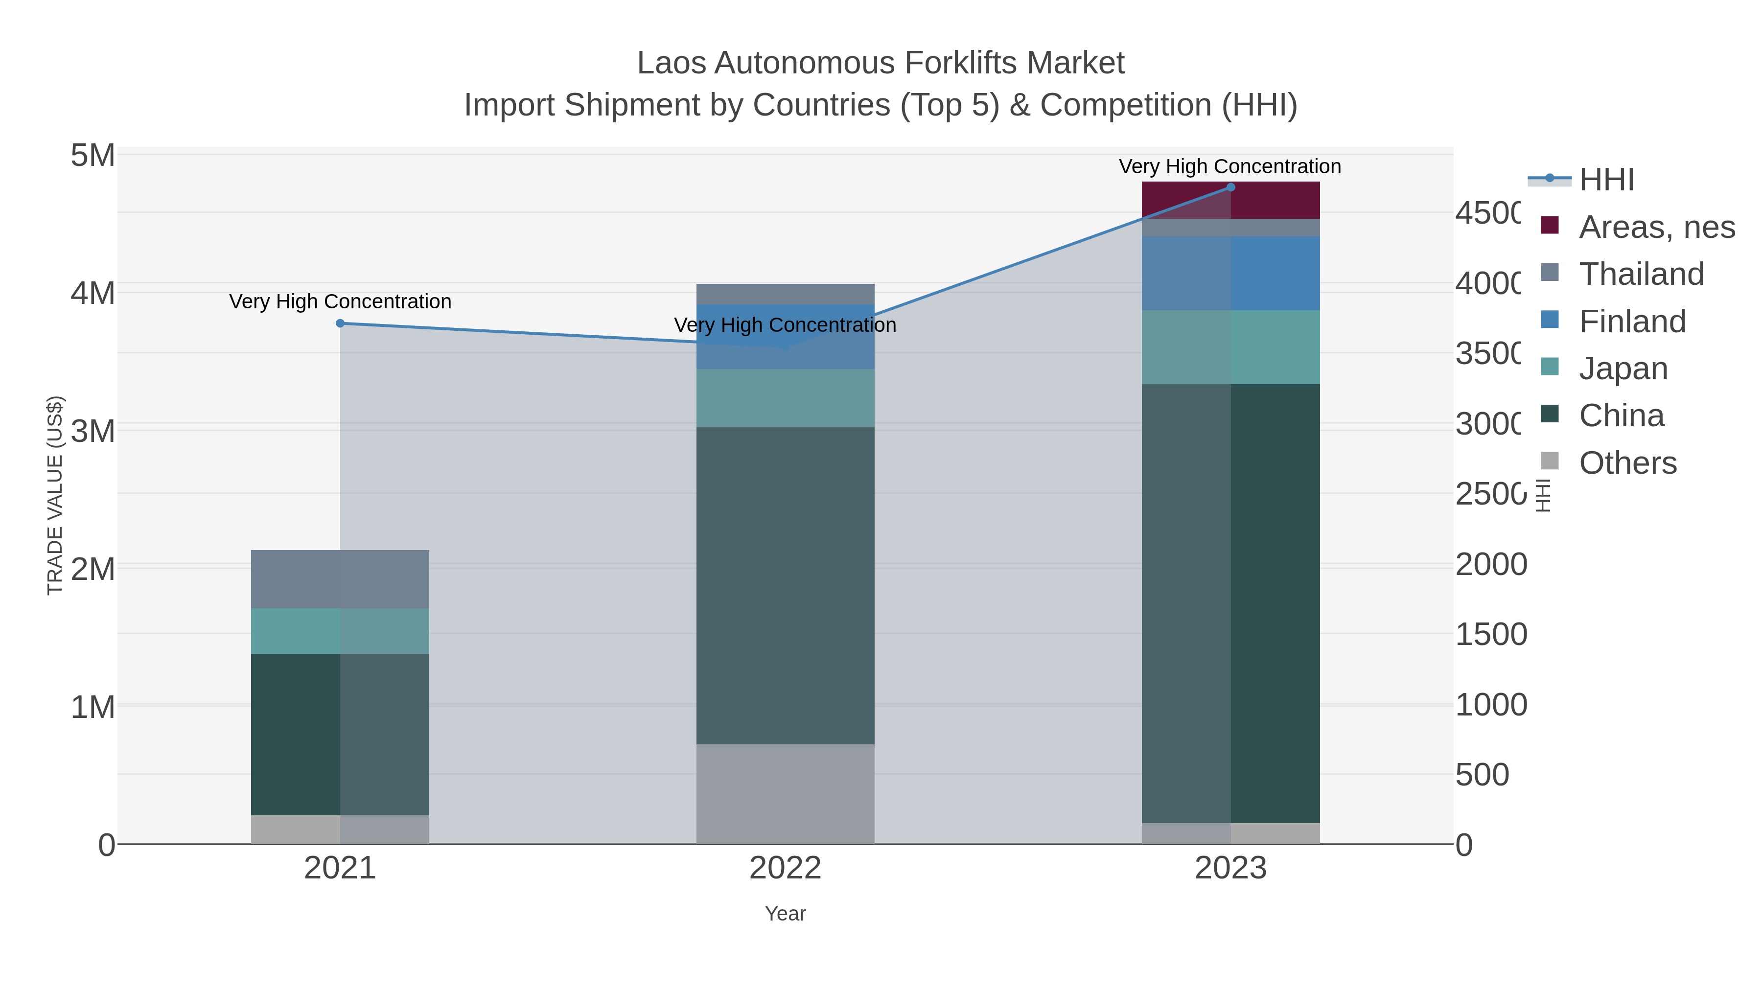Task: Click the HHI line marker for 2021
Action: [340, 323]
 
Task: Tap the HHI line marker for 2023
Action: [1230, 187]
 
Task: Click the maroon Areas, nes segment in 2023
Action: [1230, 200]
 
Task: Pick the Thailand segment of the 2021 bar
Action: [340, 579]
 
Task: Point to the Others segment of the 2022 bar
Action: [785, 794]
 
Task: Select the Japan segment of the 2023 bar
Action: [1230, 347]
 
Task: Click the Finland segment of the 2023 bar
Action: [1230, 274]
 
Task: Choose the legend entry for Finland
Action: [1632, 322]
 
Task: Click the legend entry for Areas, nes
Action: [1655, 227]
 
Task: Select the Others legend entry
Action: [1626, 463]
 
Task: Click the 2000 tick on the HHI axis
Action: [1490, 565]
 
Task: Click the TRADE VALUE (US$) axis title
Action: [55, 495]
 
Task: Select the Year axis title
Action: [785, 914]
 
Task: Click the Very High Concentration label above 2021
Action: [340, 301]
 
